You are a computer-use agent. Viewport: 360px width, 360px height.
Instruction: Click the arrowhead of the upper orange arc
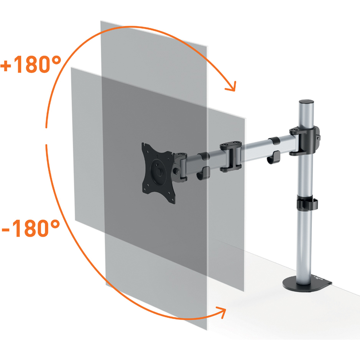(231, 87)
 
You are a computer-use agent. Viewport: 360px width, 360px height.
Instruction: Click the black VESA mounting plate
(158, 173)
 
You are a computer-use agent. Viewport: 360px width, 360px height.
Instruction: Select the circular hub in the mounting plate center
(158, 171)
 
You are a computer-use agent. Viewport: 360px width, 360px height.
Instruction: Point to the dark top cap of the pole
(306, 102)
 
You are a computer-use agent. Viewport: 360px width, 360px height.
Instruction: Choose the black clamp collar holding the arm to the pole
(305, 141)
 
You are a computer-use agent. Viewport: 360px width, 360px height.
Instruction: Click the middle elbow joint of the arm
(230, 157)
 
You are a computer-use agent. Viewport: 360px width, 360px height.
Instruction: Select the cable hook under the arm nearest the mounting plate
(203, 174)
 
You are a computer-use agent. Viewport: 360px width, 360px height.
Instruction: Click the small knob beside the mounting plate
(177, 171)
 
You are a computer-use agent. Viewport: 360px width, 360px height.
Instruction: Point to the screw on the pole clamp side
(318, 138)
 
